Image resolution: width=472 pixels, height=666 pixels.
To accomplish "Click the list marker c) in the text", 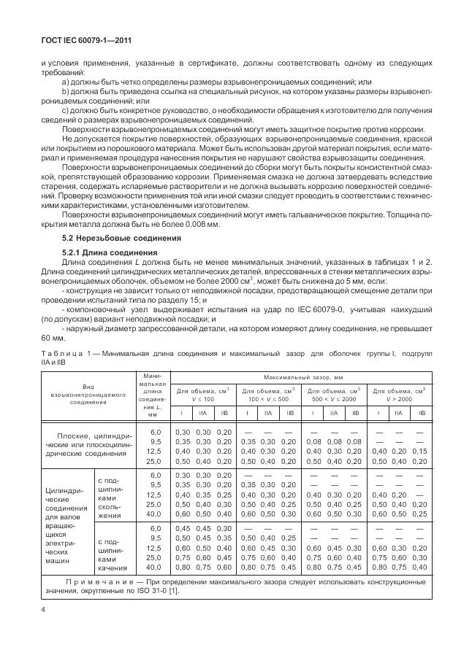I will coord(66,110).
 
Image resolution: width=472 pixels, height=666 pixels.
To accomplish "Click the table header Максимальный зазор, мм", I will coord(301,377).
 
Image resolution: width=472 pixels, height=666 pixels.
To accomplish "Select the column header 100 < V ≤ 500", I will coord(267,395).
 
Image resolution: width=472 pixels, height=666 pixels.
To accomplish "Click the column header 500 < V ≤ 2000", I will coord(332,395).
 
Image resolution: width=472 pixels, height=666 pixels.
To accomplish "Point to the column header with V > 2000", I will coord(399,395).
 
